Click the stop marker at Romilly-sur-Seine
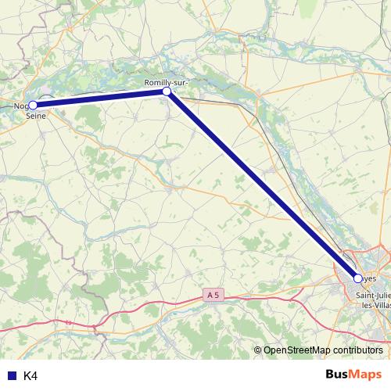point(167,91)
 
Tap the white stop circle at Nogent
point(33,105)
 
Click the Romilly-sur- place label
point(166,81)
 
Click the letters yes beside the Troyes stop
point(370,278)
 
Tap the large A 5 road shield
point(212,295)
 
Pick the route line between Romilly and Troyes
point(262,185)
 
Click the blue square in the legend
point(9,376)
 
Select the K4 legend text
point(30,376)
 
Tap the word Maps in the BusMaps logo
point(368,375)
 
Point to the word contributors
point(358,350)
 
